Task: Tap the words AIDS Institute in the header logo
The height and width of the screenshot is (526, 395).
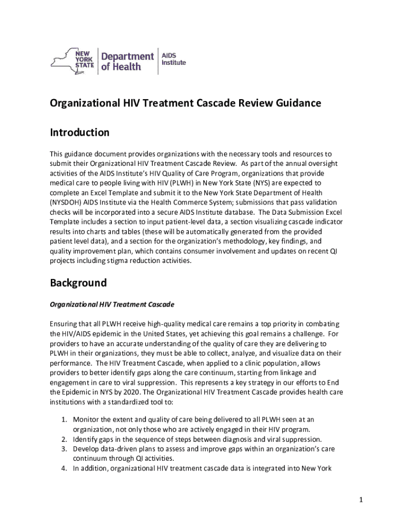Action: click(x=173, y=59)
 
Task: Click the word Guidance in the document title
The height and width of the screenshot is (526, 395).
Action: click(x=294, y=103)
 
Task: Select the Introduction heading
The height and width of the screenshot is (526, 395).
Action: click(x=80, y=133)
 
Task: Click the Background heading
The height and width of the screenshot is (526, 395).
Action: click(x=78, y=283)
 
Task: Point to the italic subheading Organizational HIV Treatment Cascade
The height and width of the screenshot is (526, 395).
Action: click(x=112, y=305)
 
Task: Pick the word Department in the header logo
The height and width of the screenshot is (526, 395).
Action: click(x=127, y=56)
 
